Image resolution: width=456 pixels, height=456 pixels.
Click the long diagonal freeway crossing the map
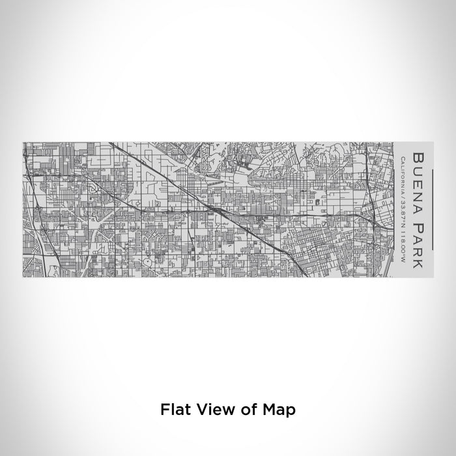coord(215,207)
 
